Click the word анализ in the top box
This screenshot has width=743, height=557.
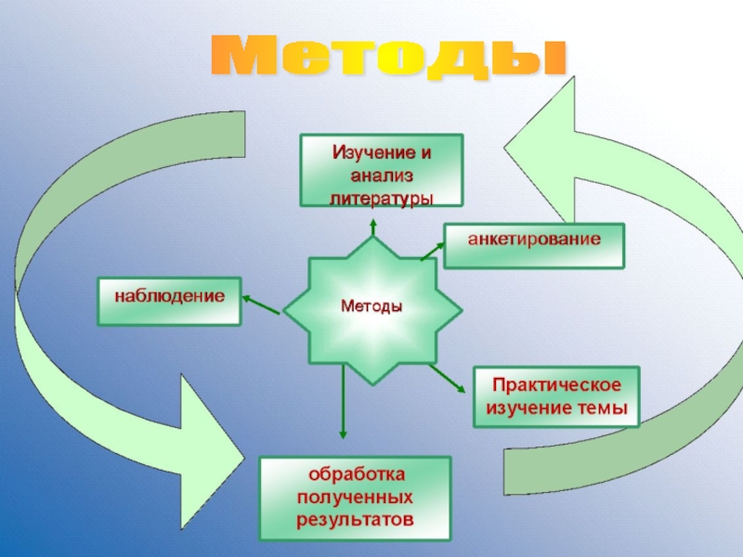click(382, 175)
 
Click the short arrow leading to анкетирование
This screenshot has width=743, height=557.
click(432, 250)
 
